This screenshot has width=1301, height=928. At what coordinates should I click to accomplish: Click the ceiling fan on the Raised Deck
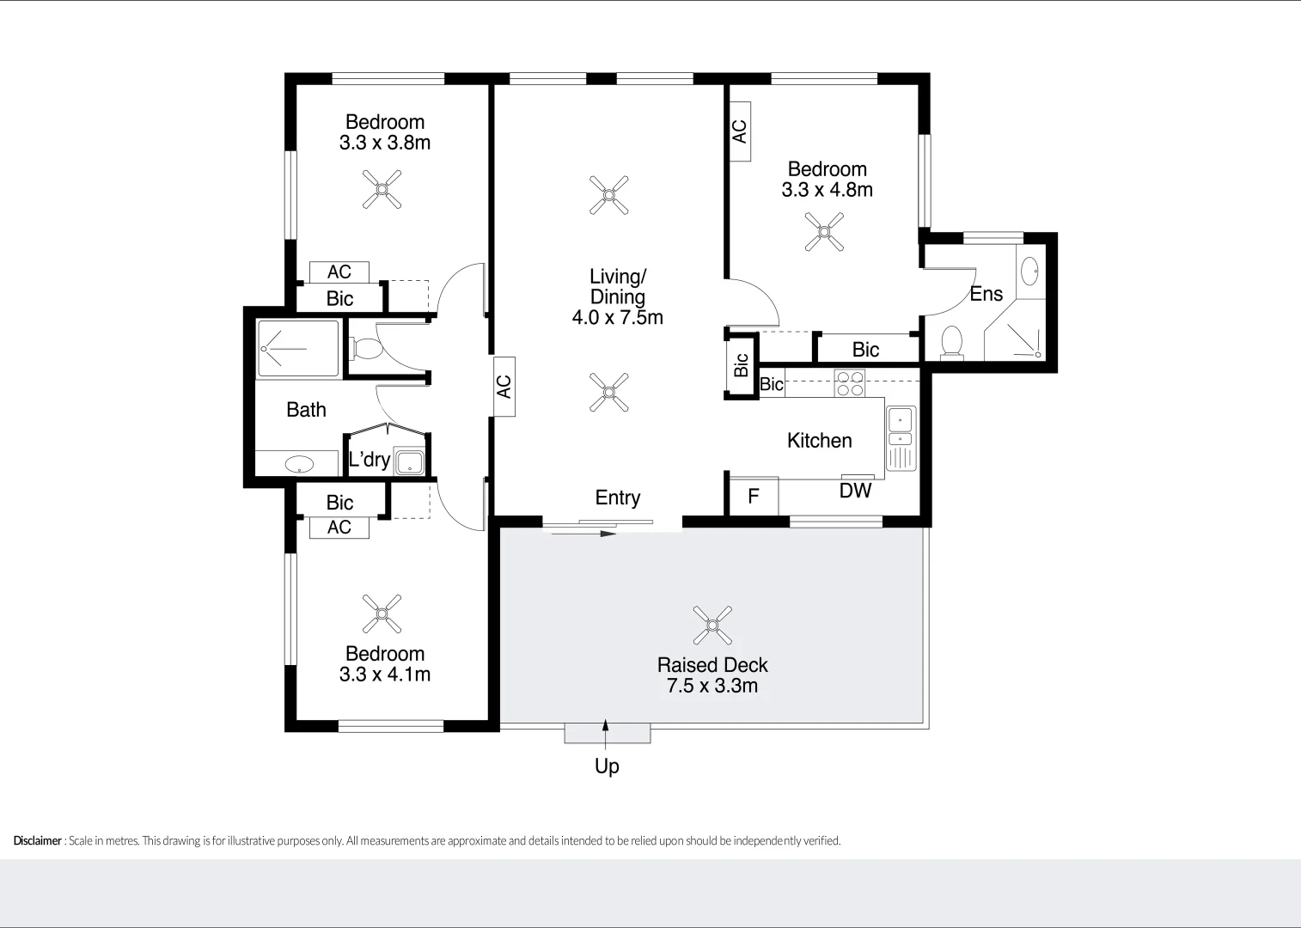pos(712,626)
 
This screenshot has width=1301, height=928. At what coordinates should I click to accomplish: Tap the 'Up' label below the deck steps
pos(607,766)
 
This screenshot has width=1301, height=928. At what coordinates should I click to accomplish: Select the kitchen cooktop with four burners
pos(850,383)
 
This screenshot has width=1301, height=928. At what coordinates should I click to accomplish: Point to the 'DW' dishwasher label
pos(855,491)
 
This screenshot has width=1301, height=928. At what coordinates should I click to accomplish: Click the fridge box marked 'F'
pos(754,497)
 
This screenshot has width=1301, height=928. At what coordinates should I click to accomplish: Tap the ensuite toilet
pos(951,342)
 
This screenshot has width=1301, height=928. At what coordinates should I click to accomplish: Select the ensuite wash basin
pos(1029,272)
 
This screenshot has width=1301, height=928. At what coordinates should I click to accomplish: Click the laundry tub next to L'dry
pos(409,461)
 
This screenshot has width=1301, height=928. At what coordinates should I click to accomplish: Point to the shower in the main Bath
pos(298,349)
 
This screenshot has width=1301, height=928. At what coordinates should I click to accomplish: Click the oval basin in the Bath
pos(299,465)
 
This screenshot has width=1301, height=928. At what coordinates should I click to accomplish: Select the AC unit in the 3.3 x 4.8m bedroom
pos(739,131)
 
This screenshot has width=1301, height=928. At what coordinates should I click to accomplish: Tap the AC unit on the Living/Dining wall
pos(504,387)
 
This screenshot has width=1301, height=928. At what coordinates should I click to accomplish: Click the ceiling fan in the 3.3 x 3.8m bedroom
pos(382,189)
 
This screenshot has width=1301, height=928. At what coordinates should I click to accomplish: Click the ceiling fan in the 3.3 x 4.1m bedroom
pos(382,614)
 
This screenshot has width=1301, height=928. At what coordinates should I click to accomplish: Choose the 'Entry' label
pos(617,498)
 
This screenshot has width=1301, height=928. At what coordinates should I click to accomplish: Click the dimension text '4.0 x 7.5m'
pos(617,318)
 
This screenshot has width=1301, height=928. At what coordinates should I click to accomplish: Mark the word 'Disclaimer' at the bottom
pos(38,841)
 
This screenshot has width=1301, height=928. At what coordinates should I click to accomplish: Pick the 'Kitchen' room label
pos(819,441)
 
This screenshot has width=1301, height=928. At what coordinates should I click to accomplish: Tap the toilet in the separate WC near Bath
pos(367,349)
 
